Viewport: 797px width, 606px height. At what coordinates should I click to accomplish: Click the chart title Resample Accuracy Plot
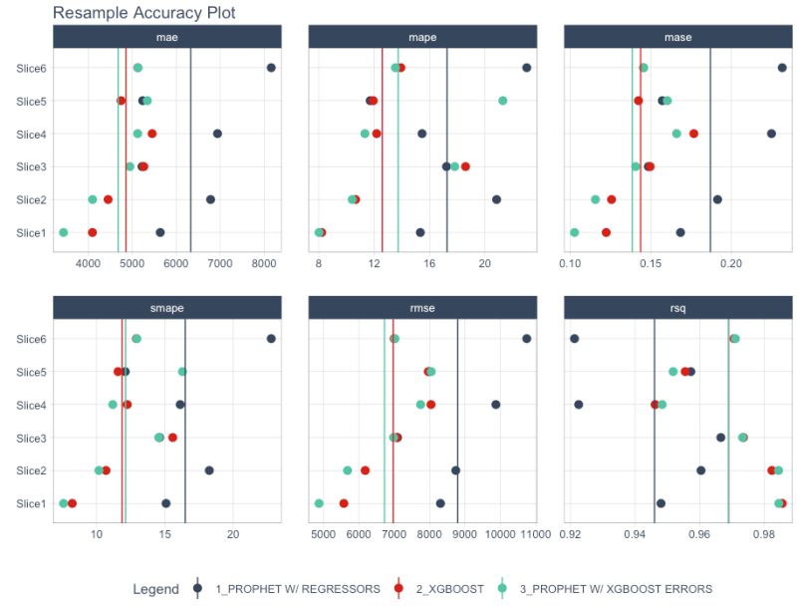click(143, 13)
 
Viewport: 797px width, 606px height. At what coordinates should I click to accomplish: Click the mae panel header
click(167, 38)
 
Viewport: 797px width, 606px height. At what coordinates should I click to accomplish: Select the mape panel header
click(422, 38)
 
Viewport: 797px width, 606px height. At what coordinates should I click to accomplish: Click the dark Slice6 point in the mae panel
click(271, 68)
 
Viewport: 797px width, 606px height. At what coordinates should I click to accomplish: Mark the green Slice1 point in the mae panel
click(64, 232)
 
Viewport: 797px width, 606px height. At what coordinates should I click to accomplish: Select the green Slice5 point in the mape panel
click(503, 101)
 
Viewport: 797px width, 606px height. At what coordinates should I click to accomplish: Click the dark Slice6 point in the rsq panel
click(575, 339)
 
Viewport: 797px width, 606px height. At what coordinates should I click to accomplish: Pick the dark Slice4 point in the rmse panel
click(496, 405)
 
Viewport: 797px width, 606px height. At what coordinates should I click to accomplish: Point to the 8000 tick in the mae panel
click(263, 263)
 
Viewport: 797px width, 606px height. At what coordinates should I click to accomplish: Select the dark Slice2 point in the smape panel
click(209, 470)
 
